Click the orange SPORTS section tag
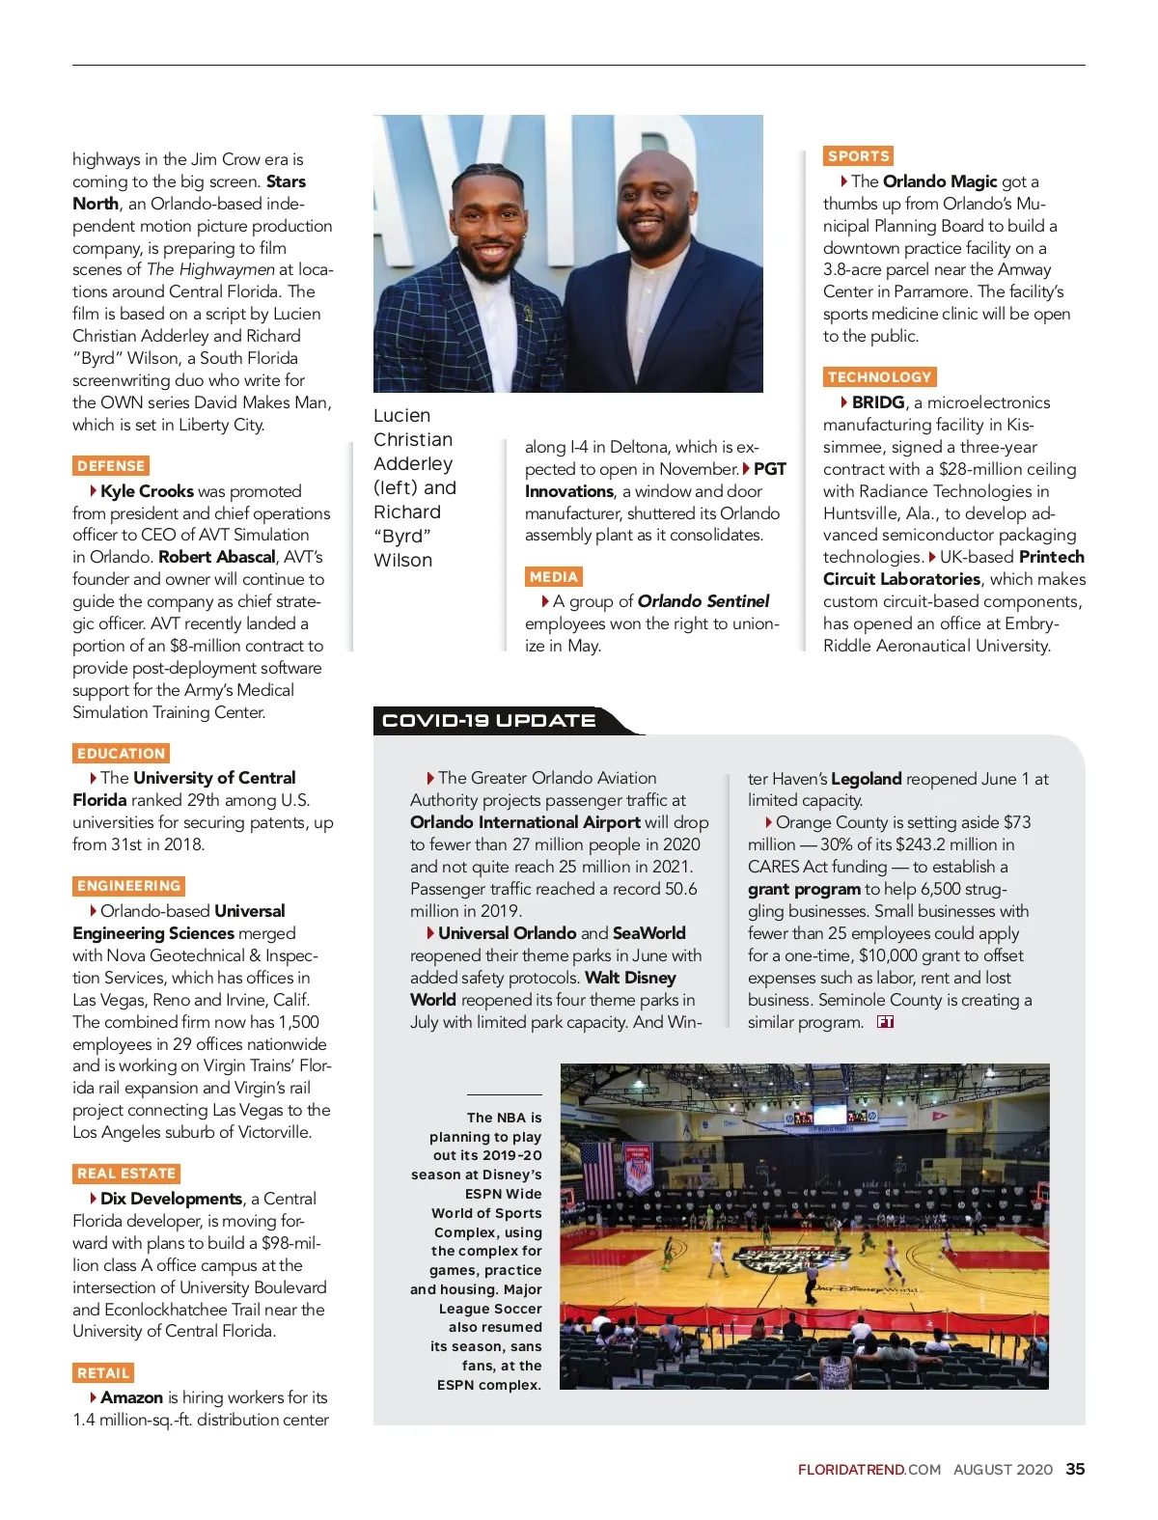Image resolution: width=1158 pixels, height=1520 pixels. point(858,156)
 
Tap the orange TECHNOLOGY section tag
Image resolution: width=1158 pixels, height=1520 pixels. point(879,377)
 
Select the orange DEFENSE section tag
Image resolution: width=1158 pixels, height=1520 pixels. point(111,466)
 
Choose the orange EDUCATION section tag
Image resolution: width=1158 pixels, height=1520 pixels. point(121,754)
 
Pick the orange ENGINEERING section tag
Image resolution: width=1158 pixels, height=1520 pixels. point(128,886)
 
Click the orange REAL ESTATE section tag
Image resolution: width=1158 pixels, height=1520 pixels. point(126,1174)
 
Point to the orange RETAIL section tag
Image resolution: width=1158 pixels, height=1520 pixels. point(103,1373)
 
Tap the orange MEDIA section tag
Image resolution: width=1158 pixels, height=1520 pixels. point(553,577)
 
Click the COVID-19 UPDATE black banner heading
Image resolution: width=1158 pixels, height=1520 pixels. point(489,721)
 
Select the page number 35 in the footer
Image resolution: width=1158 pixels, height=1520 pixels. point(1075,1469)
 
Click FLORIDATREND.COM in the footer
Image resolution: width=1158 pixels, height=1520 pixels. point(868,1470)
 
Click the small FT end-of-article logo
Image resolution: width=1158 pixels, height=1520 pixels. point(885,1022)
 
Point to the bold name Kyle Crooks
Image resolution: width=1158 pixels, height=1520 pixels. point(147,491)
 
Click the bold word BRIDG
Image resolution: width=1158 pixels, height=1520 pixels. point(878,402)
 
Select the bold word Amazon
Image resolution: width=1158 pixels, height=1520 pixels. point(131,1397)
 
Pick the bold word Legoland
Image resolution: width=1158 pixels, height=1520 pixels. point(866,779)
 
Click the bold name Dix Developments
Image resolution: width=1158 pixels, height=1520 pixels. point(171,1199)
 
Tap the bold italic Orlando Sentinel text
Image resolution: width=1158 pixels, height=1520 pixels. point(703,601)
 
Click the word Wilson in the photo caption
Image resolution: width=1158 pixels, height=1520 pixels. point(402,561)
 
